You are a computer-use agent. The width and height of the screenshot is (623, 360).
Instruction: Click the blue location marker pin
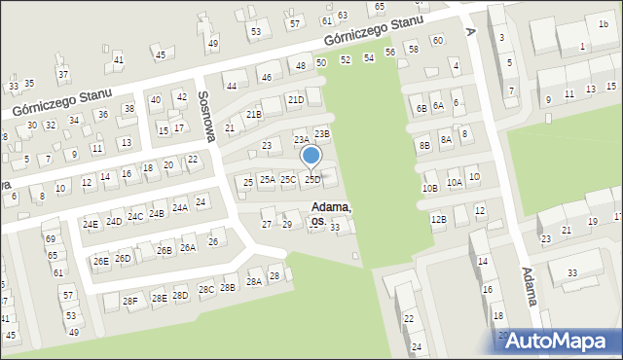click(x=311, y=157)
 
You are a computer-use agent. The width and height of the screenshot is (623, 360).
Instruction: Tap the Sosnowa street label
click(x=206, y=115)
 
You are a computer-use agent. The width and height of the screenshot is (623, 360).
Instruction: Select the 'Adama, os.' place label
click(x=331, y=214)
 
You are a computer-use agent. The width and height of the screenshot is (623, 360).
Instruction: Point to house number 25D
click(x=312, y=179)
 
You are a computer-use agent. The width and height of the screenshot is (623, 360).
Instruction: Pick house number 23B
click(x=322, y=133)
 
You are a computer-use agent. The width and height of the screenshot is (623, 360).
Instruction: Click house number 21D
click(x=296, y=99)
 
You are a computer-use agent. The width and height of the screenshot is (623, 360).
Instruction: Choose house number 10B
click(x=430, y=188)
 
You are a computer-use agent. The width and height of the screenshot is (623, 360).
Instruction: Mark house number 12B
click(x=438, y=219)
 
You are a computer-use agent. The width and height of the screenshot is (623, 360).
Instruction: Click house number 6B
click(x=421, y=108)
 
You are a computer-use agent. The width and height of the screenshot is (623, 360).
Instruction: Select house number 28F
click(x=130, y=301)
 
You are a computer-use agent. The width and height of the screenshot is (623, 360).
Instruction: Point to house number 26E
click(x=100, y=261)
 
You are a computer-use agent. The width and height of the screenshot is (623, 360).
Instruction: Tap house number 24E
click(x=91, y=224)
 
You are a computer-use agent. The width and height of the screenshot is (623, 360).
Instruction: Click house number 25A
click(x=267, y=179)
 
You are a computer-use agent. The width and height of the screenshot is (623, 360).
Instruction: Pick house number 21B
click(x=254, y=115)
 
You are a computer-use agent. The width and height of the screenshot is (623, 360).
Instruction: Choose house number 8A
click(x=446, y=139)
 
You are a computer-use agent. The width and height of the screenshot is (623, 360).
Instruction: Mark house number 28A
click(x=253, y=281)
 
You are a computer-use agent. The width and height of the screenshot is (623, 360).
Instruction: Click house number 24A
click(x=180, y=207)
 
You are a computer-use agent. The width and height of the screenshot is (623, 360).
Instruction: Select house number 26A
click(x=188, y=247)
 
